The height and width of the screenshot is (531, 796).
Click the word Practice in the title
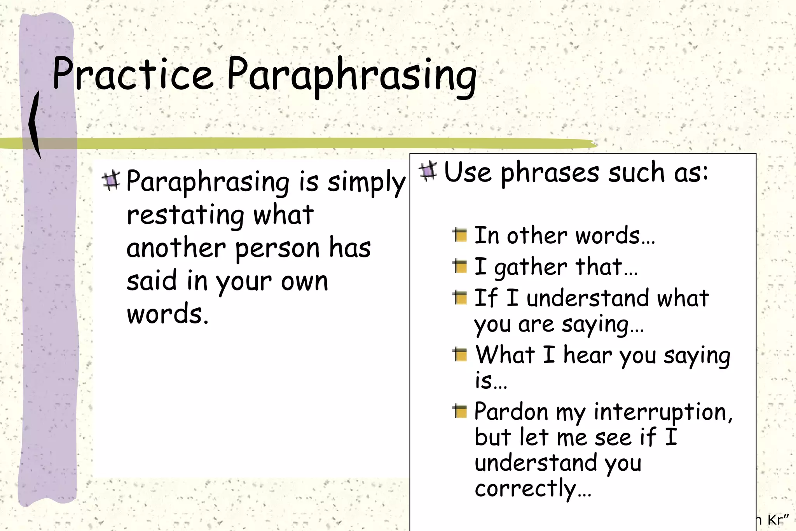pyautogui.click(x=132, y=74)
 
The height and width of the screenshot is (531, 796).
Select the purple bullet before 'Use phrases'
pyautogui.click(x=428, y=171)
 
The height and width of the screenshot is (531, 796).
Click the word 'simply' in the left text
pyautogui.click(x=366, y=182)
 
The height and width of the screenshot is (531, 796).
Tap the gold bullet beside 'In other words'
pyautogui.click(x=460, y=235)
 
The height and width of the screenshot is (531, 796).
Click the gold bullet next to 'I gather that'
pyautogui.click(x=460, y=266)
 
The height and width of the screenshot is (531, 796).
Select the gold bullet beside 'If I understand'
pyautogui.click(x=460, y=298)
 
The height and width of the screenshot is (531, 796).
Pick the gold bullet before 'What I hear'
pyautogui.click(x=460, y=355)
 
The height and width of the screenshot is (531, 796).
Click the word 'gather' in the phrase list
pyautogui.click(x=531, y=268)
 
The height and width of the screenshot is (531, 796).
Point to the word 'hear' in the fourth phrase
pyautogui.click(x=587, y=355)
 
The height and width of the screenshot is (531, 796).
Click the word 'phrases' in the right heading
pyautogui.click(x=550, y=173)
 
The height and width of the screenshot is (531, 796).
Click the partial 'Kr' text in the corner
pyautogui.click(x=777, y=520)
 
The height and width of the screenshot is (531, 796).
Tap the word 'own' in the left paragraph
pyautogui.click(x=304, y=281)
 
